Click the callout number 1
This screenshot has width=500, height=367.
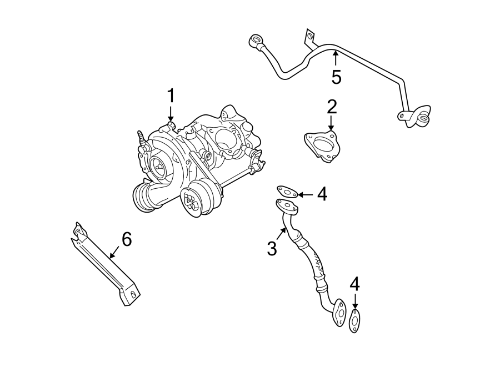point(171,96)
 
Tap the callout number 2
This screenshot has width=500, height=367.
point(332,106)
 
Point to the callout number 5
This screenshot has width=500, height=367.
point(336,77)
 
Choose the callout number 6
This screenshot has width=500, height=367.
point(127,240)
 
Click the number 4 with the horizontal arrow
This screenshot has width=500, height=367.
point(322,194)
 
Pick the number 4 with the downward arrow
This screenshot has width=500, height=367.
point(354,284)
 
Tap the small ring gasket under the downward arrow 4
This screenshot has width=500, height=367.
point(354,321)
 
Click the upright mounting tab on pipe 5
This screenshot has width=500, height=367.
point(307,37)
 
